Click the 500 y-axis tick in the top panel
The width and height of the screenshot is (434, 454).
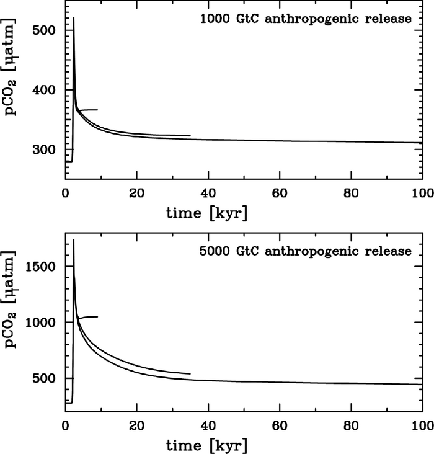pos(47,30)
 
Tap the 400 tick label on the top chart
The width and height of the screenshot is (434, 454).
pos(47,90)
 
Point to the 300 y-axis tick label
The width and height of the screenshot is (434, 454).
pos(47,150)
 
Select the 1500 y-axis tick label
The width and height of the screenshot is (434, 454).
pos(43,267)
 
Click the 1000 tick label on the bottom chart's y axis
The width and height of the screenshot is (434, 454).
pos(43,323)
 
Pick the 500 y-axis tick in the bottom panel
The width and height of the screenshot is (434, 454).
pos(47,378)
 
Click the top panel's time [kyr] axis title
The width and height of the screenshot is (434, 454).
pos(207,213)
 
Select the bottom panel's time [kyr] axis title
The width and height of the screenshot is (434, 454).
pos(207,445)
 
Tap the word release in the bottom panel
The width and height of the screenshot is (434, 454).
pos(390,251)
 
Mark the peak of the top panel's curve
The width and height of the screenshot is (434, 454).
pos(74,18)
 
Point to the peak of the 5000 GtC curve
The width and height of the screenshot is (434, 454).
pos(74,239)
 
